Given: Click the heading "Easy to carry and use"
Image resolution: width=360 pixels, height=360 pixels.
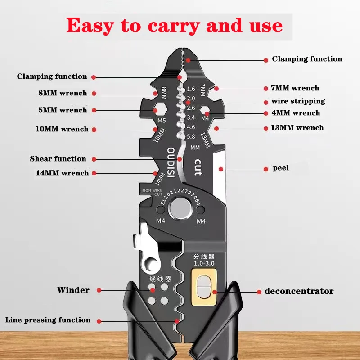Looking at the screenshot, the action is coord(175,26).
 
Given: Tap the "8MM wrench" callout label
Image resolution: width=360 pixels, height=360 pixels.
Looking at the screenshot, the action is coord(63,93).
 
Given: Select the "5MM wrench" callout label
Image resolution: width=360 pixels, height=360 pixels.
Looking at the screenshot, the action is coord(63,110).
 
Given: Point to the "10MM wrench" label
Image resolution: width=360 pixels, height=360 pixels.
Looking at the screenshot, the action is coord(62,129).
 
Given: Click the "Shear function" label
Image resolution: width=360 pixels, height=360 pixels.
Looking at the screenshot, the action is coord(58,159).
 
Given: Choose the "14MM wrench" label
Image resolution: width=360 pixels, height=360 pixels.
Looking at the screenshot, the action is coord(63,173).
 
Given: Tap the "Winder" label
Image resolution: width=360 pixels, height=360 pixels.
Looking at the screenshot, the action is coord(73,290).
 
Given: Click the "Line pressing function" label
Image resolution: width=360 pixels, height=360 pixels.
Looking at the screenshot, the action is coord(48,320).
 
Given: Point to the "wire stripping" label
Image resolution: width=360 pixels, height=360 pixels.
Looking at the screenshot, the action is coord(298,101).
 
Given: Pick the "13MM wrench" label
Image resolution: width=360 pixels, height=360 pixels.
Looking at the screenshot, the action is coord(297,128).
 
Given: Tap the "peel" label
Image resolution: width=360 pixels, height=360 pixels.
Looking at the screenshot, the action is coord(281,168).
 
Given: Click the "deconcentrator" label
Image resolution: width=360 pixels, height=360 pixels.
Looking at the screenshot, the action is coord(299,291).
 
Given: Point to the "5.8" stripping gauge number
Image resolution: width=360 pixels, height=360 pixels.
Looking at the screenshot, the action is coord(191,136).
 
